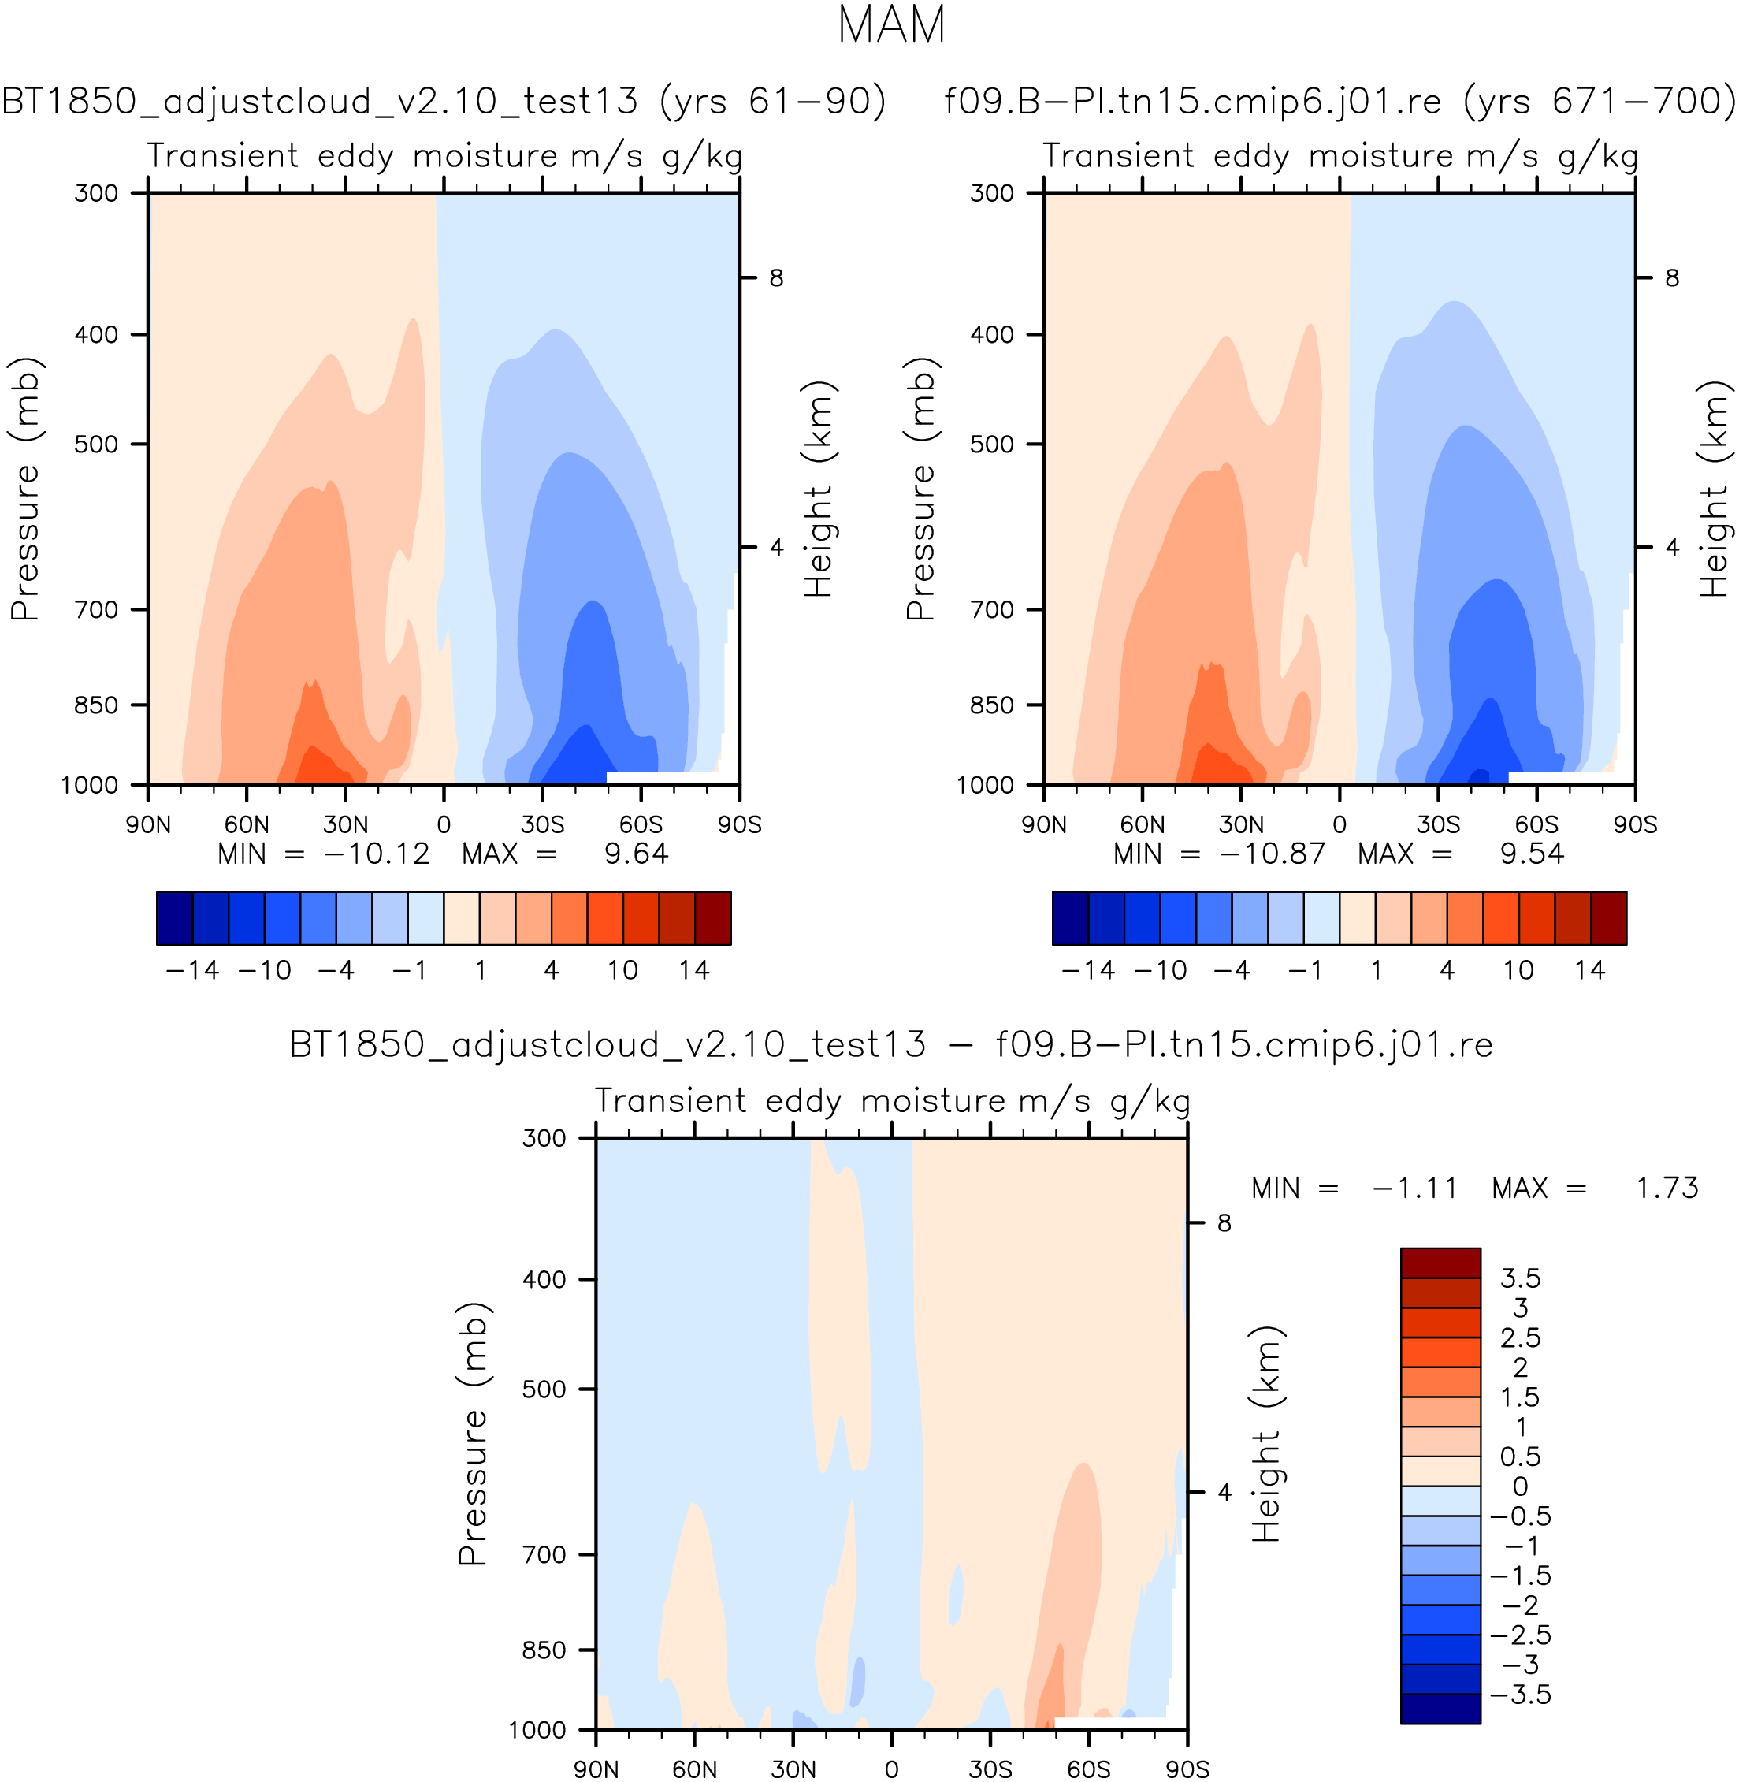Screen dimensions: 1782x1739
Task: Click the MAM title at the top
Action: (890, 25)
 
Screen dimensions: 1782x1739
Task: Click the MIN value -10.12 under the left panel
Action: (375, 854)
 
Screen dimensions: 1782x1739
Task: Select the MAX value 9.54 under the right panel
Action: (1532, 854)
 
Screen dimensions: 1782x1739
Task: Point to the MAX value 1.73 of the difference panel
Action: (1666, 1188)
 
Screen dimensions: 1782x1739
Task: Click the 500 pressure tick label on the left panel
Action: (96, 445)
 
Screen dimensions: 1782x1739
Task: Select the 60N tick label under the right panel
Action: (1142, 824)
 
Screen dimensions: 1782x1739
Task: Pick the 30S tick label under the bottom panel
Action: (990, 1769)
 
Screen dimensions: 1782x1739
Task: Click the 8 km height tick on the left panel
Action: (775, 277)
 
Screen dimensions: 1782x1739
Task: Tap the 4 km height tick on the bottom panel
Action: (1224, 1491)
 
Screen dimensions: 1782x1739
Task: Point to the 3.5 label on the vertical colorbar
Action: (1520, 1278)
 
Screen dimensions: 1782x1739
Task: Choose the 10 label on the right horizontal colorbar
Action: (1518, 970)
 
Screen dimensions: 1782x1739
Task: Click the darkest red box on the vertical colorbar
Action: (1440, 1263)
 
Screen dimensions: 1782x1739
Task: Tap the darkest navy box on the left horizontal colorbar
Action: (174, 918)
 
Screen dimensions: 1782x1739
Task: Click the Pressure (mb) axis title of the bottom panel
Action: (473, 1433)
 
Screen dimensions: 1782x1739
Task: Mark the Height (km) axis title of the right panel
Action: (1715, 489)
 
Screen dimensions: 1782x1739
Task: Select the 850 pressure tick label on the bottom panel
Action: (544, 1650)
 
